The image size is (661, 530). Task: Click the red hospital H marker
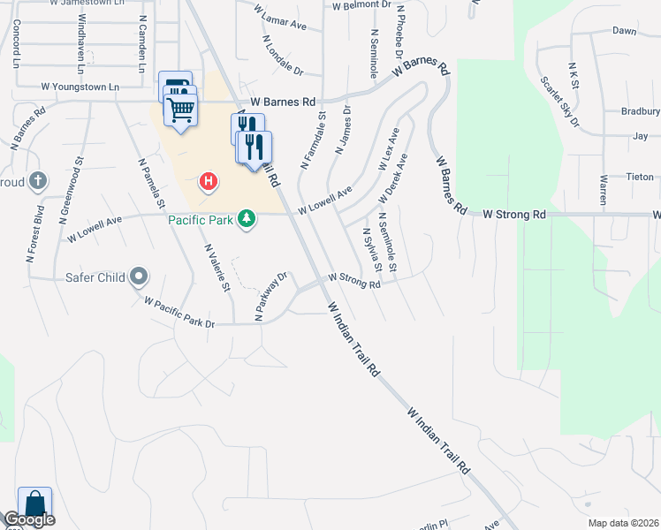click(x=209, y=183)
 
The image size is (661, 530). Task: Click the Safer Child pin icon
click(x=139, y=277)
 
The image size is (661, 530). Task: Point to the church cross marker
click(x=37, y=181)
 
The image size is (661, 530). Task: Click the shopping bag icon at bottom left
click(x=34, y=504)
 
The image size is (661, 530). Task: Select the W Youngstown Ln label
click(x=80, y=87)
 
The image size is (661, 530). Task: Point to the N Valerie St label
click(x=217, y=269)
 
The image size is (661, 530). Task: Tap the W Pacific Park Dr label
click(x=180, y=313)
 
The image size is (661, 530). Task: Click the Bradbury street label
click(x=641, y=111)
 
